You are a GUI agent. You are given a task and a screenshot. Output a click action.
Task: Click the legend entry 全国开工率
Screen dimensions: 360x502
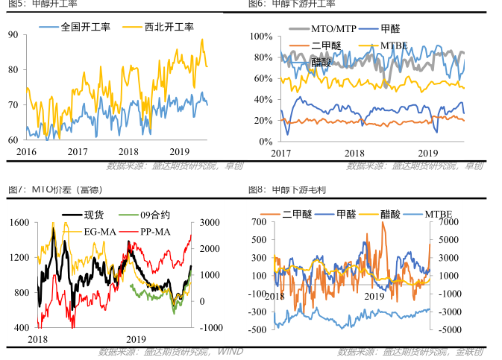pyautogui.click(x=86, y=27)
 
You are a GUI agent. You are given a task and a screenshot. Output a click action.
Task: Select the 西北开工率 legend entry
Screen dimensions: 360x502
pyautogui.click(x=169, y=27)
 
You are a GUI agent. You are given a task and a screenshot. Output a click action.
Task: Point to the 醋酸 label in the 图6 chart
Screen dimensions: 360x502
pyautogui.click(x=321, y=63)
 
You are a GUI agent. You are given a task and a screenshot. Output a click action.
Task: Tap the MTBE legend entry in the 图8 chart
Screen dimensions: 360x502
pyautogui.click(x=442, y=215)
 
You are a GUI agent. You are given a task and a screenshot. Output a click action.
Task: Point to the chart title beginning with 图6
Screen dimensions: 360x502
pyautogui.click(x=292, y=4)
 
